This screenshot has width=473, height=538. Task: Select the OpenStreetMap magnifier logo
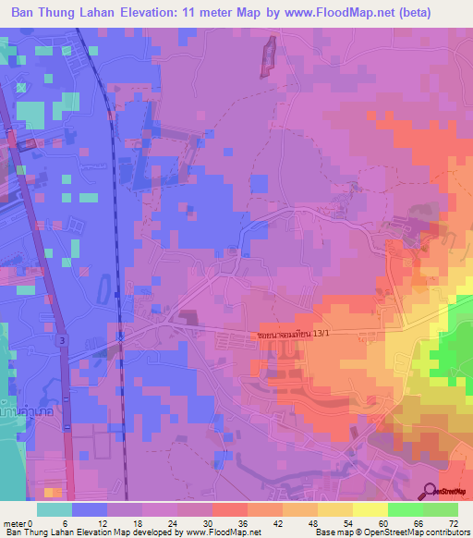431,492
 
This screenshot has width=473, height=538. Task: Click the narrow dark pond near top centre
270,56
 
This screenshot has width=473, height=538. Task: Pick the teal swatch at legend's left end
55,509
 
